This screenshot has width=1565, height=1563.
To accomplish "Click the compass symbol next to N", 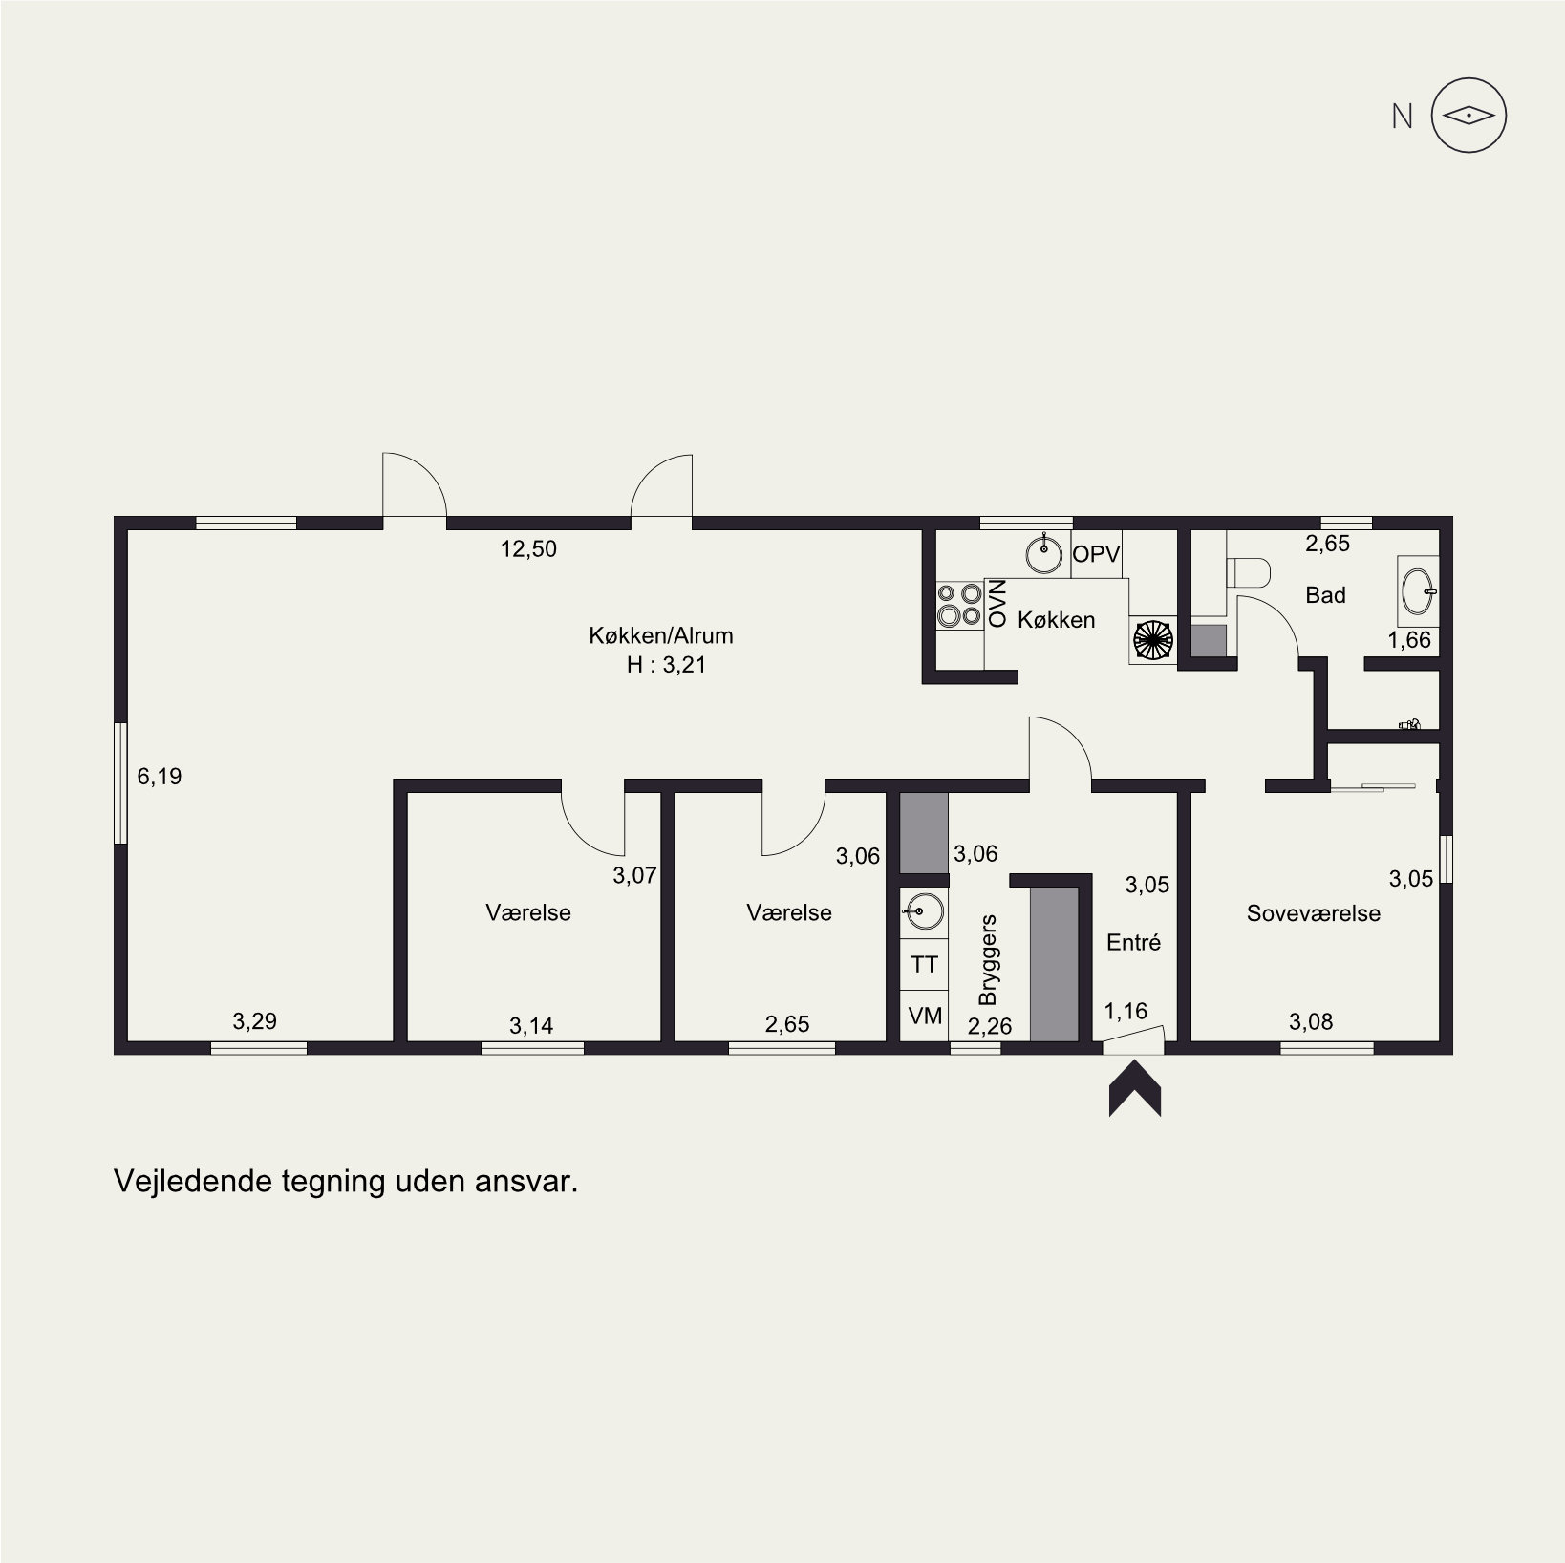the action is pyautogui.click(x=1469, y=116).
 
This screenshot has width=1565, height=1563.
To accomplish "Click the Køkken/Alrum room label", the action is pyautogui.click(x=661, y=635).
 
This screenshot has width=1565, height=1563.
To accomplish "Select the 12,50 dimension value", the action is pyautogui.click(x=528, y=549).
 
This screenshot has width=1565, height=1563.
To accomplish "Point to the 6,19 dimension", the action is pyautogui.click(x=160, y=777).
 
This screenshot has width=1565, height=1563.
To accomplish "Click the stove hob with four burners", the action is pyautogui.click(x=960, y=606).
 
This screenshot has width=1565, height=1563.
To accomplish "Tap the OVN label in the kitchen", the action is pyautogui.click(x=997, y=603).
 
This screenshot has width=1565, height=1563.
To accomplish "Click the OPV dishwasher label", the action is pyautogui.click(x=1096, y=554).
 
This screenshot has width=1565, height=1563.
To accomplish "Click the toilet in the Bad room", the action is pyautogui.click(x=1248, y=573).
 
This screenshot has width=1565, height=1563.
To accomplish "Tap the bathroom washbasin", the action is pyautogui.click(x=1418, y=589).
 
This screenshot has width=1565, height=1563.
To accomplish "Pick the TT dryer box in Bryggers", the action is pyautogui.click(x=924, y=965).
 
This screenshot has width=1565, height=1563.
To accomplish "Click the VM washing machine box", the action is pyautogui.click(x=924, y=1016).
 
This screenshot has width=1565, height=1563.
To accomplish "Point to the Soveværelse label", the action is pyautogui.click(x=1313, y=913).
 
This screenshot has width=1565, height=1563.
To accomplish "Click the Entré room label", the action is pyautogui.click(x=1133, y=943).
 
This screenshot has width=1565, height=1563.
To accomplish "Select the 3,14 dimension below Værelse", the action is pyautogui.click(x=531, y=1026).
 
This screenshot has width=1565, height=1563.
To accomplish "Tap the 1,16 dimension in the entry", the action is pyautogui.click(x=1126, y=1011).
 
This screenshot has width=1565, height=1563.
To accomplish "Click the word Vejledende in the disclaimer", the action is pyautogui.click(x=192, y=1182).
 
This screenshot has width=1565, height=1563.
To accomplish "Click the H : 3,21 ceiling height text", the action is pyautogui.click(x=666, y=665).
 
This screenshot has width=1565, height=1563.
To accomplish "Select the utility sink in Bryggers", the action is pyautogui.click(x=923, y=910).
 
